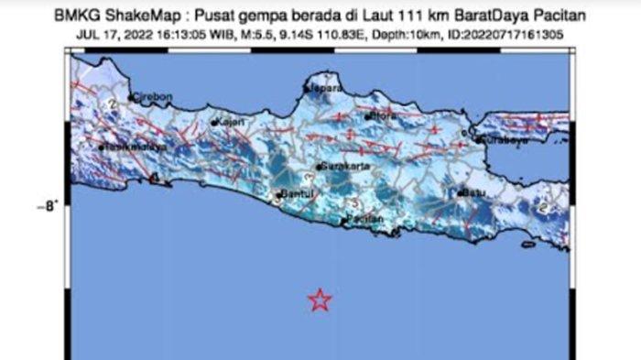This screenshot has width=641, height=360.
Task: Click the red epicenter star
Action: pos(319,300)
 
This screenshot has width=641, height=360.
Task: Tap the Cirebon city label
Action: pos(149,96)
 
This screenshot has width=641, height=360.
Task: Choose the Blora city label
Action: pos(381,117)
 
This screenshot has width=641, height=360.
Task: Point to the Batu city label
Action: pos(474,193)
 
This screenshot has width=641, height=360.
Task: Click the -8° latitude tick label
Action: pos(47,207)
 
